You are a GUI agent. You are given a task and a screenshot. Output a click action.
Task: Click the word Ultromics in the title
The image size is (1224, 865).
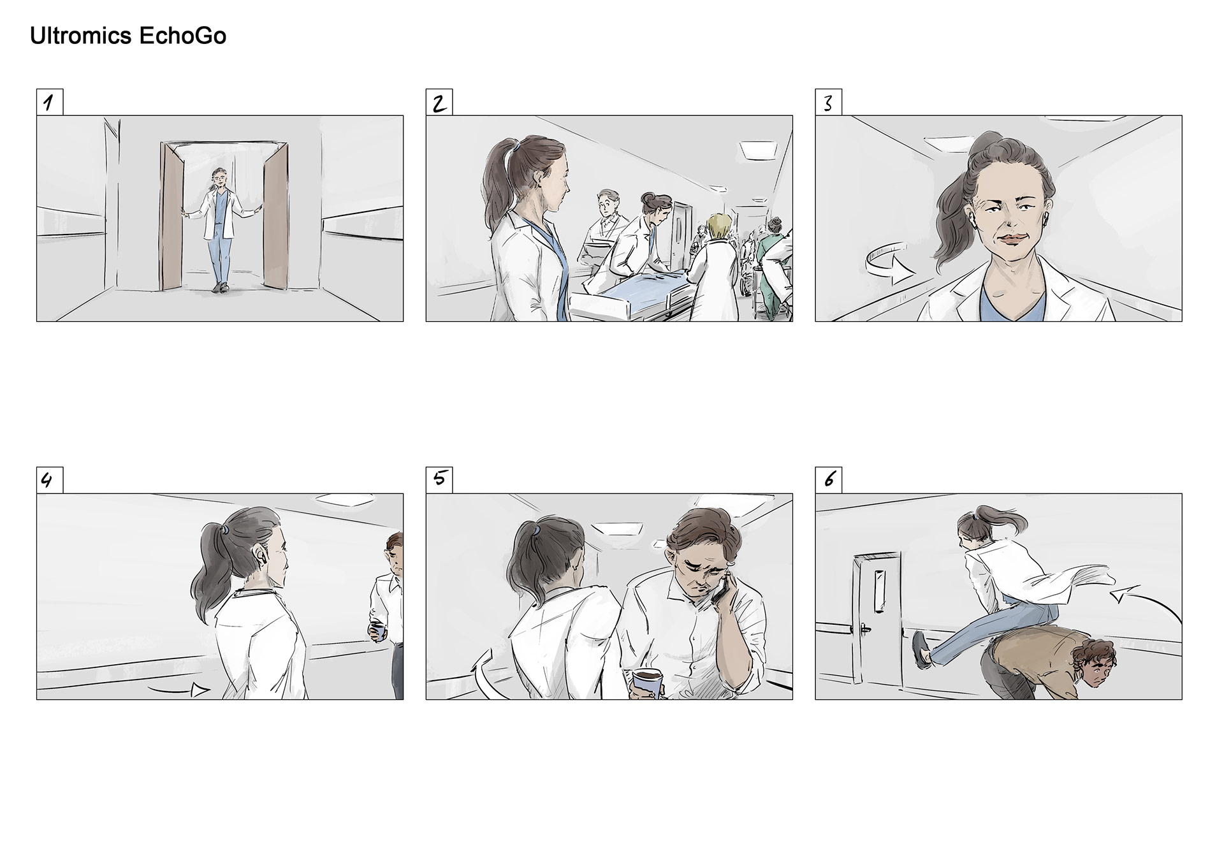tap(81, 36)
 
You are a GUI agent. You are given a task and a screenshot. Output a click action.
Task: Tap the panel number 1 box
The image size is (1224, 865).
tap(50, 102)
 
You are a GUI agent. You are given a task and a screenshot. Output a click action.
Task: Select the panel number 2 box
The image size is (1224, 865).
tap(439, 102)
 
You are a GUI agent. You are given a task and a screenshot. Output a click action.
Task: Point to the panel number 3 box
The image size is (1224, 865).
tap(828, 102)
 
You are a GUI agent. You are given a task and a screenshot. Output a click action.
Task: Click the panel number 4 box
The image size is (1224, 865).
tap(50, 480)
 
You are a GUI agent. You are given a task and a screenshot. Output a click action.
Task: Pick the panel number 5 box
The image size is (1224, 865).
tap(439, 480)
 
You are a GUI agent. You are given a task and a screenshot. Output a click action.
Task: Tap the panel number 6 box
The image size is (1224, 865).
tap(828, 480)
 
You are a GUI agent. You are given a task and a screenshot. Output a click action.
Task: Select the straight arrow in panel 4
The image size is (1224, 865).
tap(178, 690)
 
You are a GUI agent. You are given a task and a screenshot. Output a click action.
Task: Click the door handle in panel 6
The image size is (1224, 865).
tap(864, 629)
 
